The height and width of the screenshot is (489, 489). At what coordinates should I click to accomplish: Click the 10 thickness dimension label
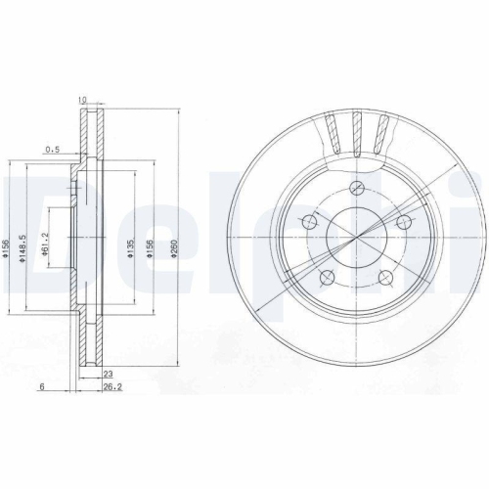pyautogui.click(x=83, y=99)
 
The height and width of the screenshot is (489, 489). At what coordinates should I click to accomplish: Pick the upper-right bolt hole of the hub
pyautogui.click(x=402, y=221)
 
